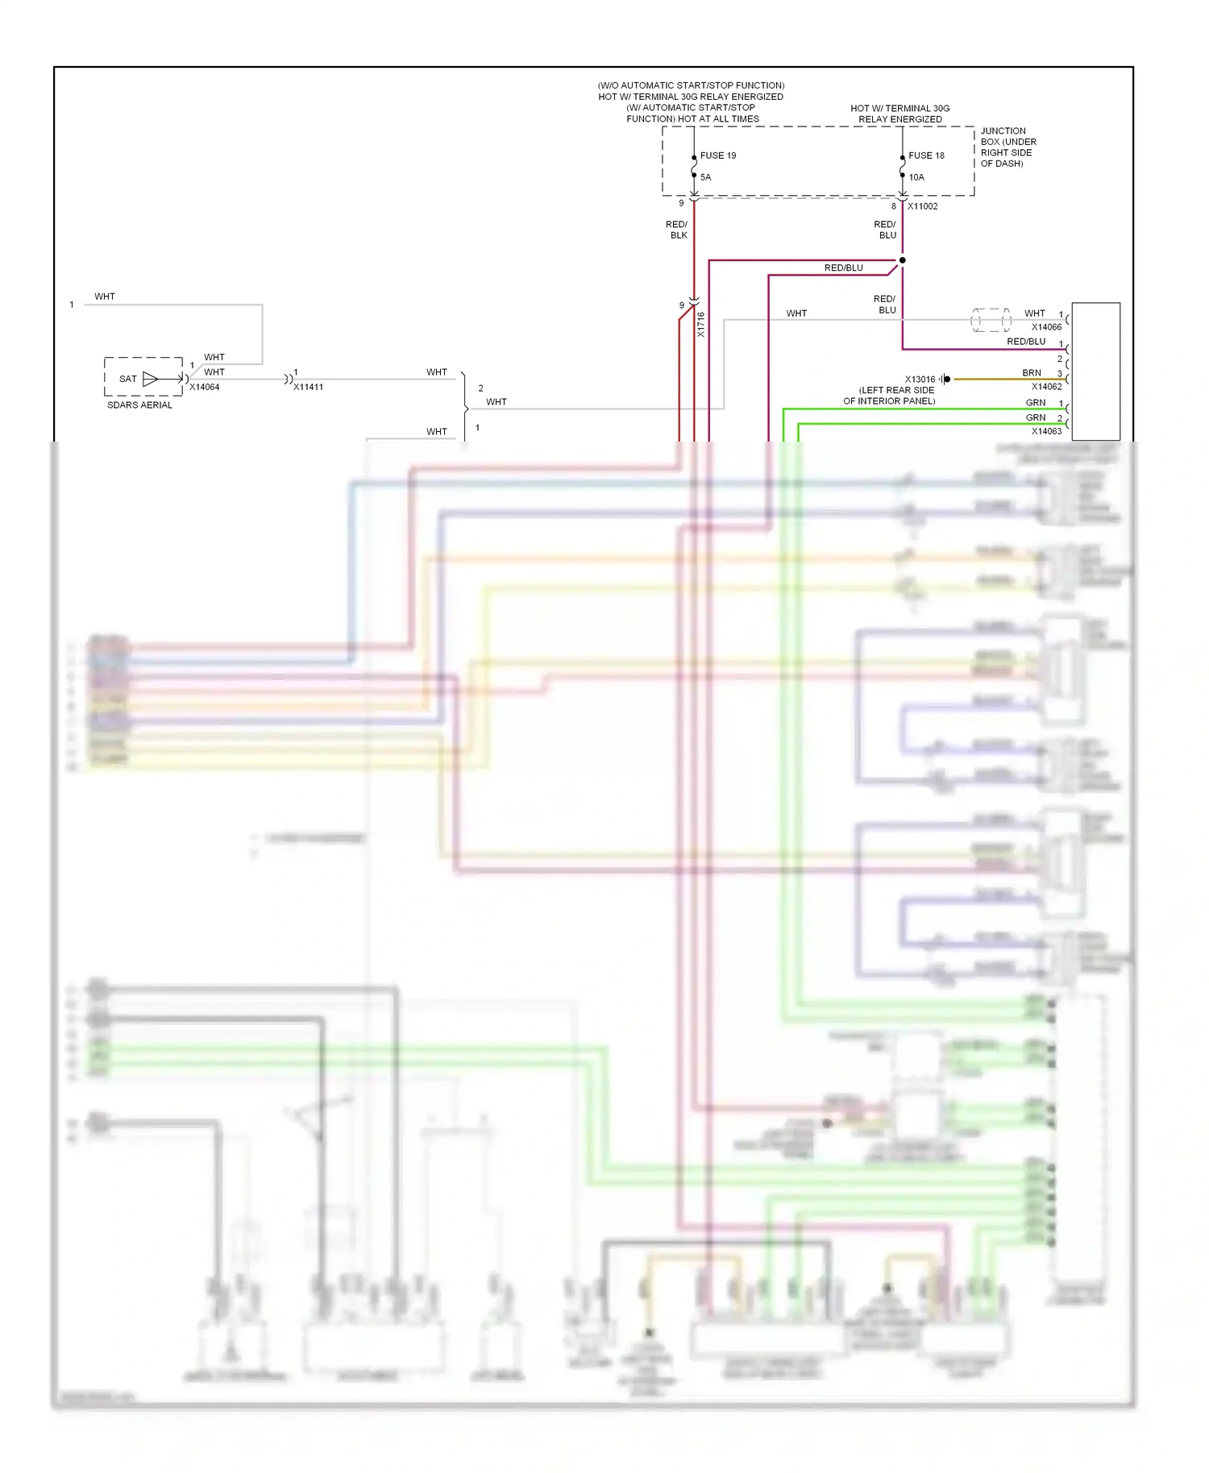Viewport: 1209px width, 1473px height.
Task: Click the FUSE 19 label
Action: pyautogui.click(x=717, y=156)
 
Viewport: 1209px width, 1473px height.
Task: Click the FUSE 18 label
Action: pyautogui.click(x=926, y=156)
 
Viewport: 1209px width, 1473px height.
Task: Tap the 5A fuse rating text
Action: pyautogui.click(x=705, y=177)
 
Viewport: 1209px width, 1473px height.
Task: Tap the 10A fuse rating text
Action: pyautogui.click(x=916, y=177)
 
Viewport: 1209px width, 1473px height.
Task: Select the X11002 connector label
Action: pyautogui.click(x=922, y=206)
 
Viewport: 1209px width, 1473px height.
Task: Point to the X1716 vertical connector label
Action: pyautogui.click(x=701, y=325)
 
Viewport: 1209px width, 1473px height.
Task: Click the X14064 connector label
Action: pyautogui.click(x=204, y=388)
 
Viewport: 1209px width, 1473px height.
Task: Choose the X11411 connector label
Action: pyautogui.click(x=308, y=388)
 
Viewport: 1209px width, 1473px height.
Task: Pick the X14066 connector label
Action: pyautogui.click(x=1046, y=327)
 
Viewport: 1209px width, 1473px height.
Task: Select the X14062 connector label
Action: pyautogui.click(x=1046, y=387)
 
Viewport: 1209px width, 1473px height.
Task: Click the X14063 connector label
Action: pyautogui.click(x=1046, y=432)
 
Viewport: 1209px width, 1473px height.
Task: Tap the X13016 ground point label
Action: pyautogui.click(x=920, y=380)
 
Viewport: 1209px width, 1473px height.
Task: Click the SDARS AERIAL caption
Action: pyautogui.click(x=139, y=405)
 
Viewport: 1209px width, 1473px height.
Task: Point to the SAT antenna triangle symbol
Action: pyautogui.click(x=150, y=379)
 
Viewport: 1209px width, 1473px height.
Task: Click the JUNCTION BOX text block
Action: pyautogui.click(x=1008, y=147)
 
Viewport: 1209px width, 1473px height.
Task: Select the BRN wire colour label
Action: pyautogui.click(x=1031, y=373)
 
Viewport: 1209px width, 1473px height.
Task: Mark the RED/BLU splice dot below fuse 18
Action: pyautogui.click(x=902, y=260)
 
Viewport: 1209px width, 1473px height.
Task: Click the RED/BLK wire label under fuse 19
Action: pyautogui.click(x=677, y=230)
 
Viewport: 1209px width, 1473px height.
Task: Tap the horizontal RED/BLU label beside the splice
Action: pyautogui.click(x=843, y=268)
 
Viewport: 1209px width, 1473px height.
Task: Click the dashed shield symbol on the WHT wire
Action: pyautogui.click(x=991, y=320)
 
